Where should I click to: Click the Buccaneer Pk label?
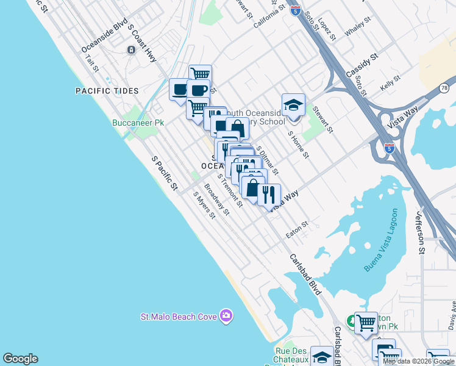point(138,123)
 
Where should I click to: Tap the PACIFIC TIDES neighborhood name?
point(107,91)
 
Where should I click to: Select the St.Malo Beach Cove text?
point(179,316)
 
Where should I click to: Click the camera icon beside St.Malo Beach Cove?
point(226,315)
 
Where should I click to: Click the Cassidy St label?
point(362,64)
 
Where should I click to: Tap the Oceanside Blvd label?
point(104,38)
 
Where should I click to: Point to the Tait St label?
point(92,62)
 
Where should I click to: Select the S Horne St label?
point(297,144)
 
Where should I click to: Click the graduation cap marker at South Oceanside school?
point(293,104)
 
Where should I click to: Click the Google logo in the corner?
point(20,359)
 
